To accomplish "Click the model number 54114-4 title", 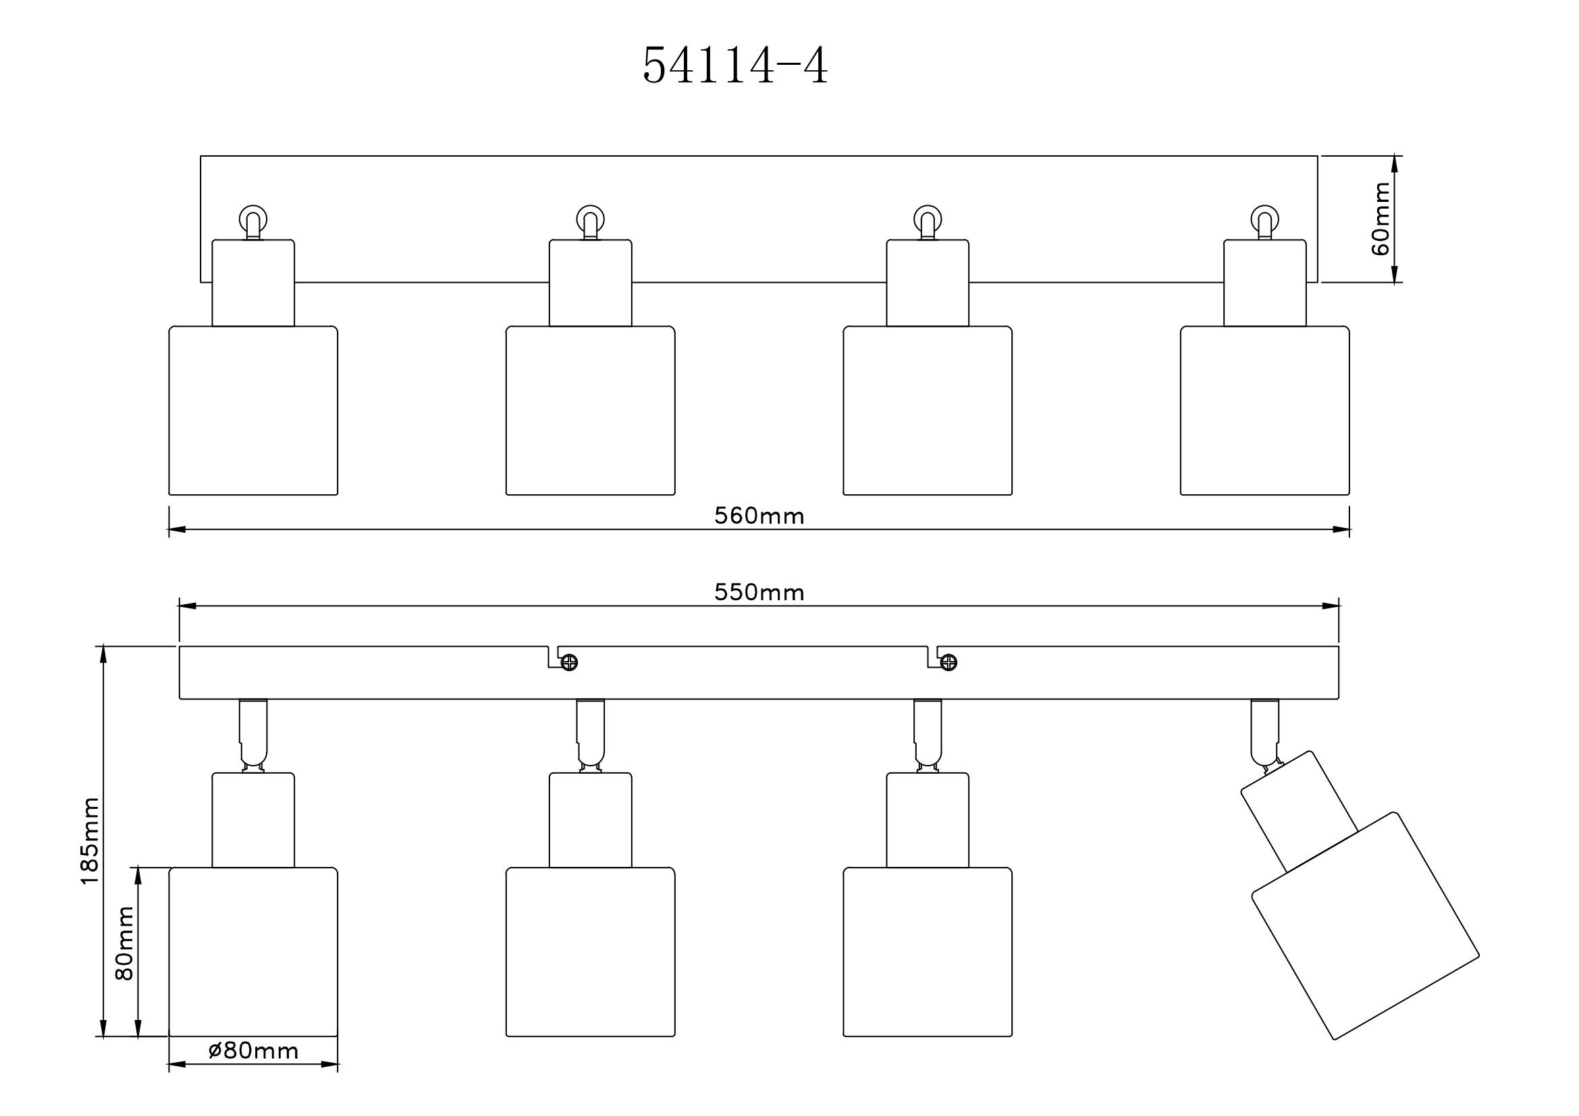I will coord(735,67).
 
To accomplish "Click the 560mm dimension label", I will coord(759,516).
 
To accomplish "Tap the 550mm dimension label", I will coord(759,592).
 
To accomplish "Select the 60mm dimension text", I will coord(1381,219).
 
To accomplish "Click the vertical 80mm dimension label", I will coord(125,942).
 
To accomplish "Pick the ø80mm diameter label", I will coord(253,1051).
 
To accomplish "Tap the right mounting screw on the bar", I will coord(948,663).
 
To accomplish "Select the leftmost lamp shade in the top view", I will coord(253,410).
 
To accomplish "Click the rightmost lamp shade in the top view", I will coord(1264,410).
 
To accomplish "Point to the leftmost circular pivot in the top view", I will coord(253,219).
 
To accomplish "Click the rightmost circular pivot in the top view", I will coord(1264,219).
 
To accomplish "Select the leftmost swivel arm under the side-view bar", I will coord(253,733).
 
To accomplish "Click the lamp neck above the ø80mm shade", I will coord(253,820).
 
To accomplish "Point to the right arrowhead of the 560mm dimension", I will coord(1342,529).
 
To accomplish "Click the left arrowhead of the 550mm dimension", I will coord(188,606).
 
